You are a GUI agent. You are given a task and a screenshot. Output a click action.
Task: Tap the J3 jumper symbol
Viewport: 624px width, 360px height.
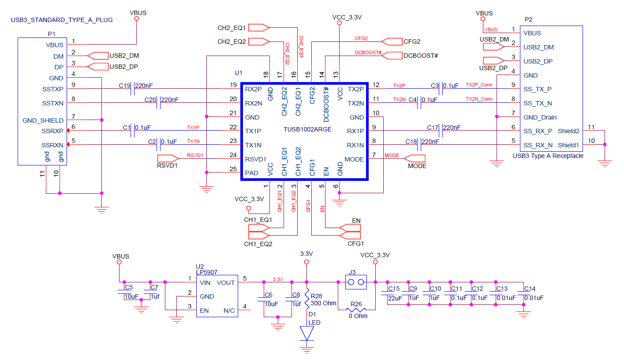coord(356,282)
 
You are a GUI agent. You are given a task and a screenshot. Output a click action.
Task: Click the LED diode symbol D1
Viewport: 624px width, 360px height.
coord(306,334)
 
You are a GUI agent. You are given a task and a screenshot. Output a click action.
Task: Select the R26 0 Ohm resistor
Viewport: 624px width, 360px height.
coord(356,310)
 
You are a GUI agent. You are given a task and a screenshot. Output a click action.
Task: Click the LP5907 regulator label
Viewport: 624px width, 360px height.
coord(207,273)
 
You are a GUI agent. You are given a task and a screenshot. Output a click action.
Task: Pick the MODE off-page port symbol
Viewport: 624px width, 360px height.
coord(415,158)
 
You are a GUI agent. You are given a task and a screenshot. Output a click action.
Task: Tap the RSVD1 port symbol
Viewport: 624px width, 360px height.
coord(168,158)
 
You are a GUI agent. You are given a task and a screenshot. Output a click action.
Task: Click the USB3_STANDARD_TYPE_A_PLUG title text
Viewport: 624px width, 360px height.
coord(61,20)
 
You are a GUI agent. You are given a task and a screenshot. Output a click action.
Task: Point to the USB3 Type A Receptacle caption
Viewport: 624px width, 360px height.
coord(548,156)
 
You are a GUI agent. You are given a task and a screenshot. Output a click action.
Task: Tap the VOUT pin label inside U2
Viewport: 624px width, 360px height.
coord(226,282)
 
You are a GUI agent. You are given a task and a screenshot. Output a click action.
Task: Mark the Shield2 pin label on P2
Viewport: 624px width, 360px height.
coord(568,131)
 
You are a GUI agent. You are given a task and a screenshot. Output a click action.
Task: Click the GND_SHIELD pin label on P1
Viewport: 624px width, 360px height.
coord(43,120)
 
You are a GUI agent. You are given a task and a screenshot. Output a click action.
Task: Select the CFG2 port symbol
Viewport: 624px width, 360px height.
coord(391,41)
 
